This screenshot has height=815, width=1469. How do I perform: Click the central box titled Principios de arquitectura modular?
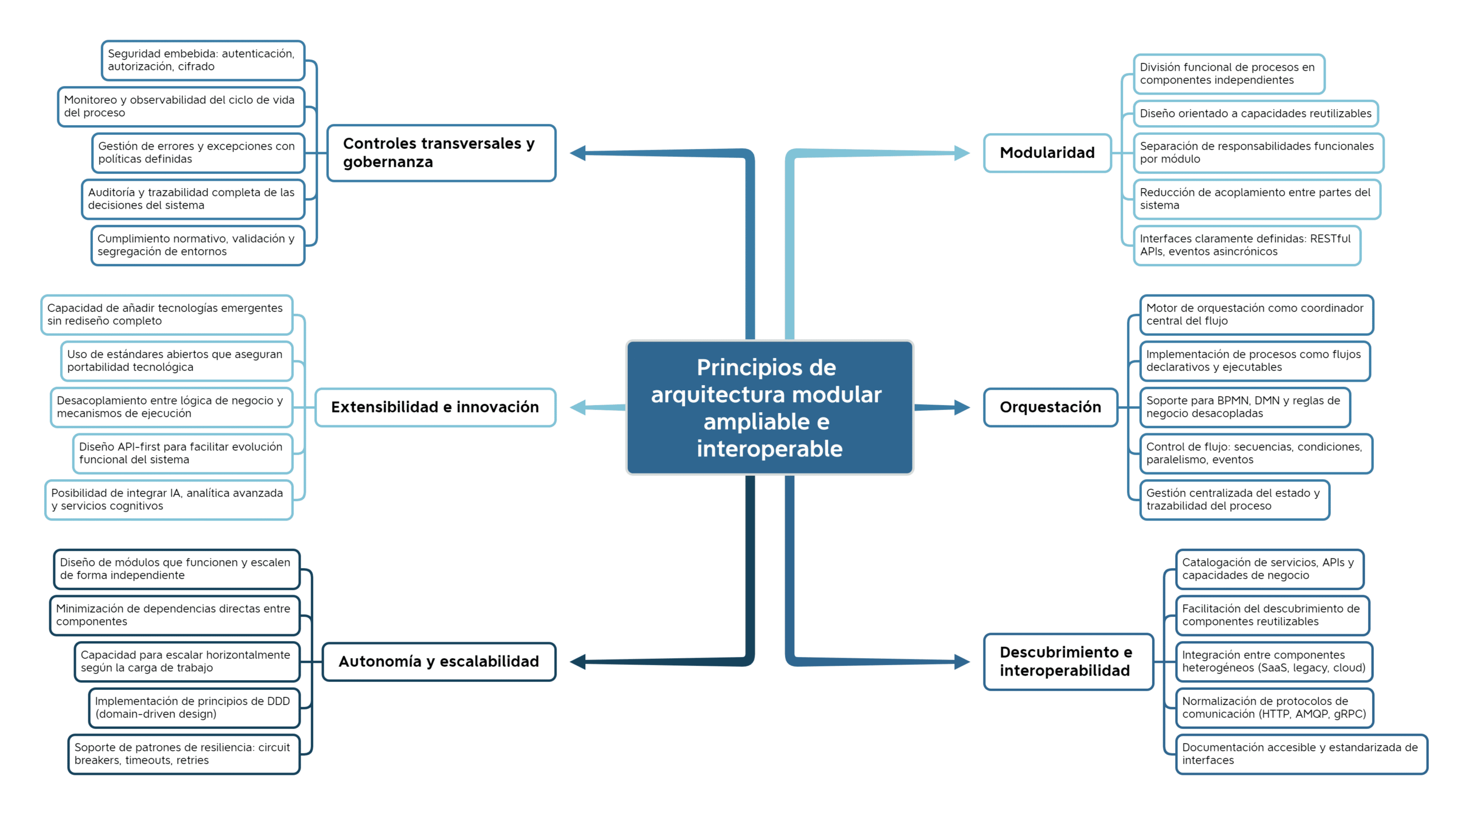769,407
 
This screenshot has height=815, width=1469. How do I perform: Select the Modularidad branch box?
1047,153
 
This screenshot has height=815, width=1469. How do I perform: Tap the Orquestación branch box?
1051,407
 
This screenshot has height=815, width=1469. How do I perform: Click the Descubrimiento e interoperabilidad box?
1068,662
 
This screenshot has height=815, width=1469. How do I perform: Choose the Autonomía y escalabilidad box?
439,662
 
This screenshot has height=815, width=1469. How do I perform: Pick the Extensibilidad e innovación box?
436,407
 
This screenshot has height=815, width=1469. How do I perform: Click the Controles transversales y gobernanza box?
441,153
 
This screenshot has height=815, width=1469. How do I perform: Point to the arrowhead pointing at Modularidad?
962,153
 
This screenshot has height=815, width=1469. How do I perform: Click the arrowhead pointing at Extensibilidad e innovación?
578,407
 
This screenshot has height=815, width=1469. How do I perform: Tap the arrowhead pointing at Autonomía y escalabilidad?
578,662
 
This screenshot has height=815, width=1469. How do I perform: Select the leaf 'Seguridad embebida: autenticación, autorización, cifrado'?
203,60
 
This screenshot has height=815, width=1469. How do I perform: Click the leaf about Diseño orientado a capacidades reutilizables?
1256,114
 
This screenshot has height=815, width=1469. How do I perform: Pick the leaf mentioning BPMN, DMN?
1245,407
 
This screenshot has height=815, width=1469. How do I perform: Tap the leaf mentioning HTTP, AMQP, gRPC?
1274,708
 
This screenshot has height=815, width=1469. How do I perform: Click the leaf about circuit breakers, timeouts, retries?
184,754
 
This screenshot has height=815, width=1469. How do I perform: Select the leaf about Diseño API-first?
182,453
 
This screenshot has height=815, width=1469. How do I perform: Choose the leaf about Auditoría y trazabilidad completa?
193,199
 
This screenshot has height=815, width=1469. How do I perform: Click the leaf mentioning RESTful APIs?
1247,246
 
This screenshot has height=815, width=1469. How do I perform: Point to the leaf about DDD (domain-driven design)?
194,708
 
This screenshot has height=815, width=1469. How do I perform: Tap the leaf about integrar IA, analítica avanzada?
169,500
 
